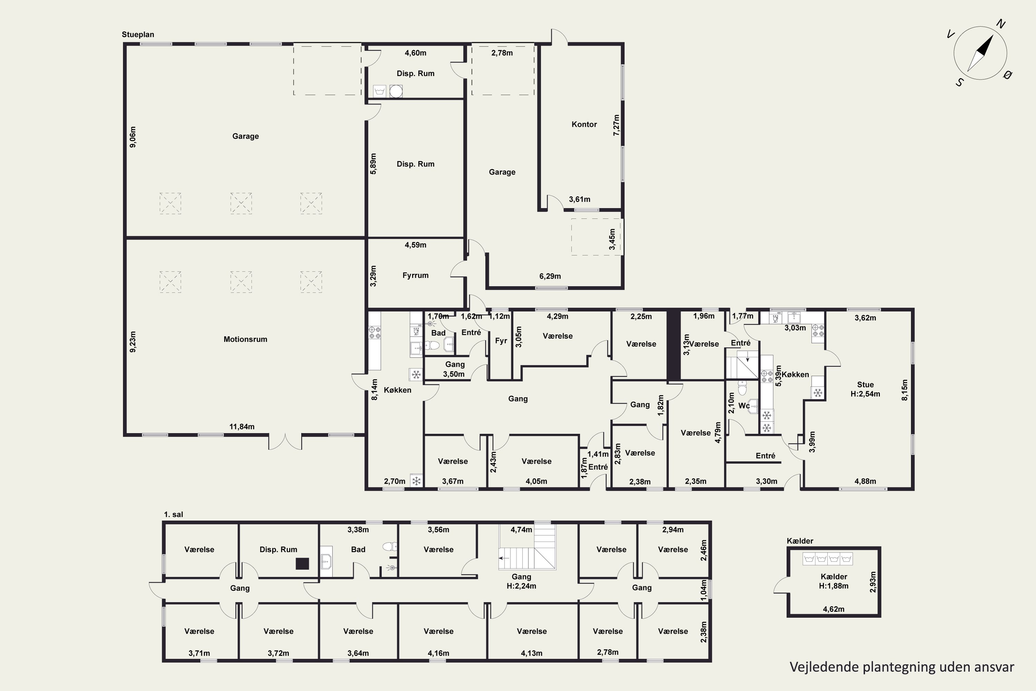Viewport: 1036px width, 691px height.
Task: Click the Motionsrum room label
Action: tap(245, 339)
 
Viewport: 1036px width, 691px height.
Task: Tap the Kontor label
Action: tap(584, 124)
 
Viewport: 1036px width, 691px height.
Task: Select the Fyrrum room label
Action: tap(415, 275)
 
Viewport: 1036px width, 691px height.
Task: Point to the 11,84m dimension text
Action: tap(242, 427)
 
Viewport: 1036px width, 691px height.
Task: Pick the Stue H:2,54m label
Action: tap(865, 389)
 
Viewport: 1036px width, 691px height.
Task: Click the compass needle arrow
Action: tap(980, 53)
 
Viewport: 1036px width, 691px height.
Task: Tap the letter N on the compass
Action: tap(1001, 24)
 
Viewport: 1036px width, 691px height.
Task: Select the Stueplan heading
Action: tap(138, 34)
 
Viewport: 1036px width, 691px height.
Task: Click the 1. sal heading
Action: tap(174, 514)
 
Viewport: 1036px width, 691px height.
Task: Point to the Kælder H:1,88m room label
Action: tap(834, 581)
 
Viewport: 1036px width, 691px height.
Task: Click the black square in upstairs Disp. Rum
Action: tap(302, 563)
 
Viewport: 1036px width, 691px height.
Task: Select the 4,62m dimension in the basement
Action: tap(834, 609)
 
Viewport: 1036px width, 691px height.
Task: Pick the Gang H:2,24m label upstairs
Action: tap(521, 581)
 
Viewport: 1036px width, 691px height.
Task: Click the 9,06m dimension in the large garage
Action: tap(133, 136)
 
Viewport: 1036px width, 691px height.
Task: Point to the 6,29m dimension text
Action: tap(550, 276)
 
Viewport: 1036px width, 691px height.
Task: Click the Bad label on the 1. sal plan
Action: tap(358, 550)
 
